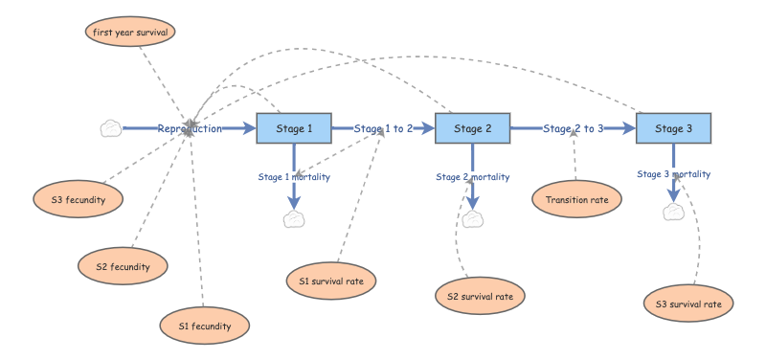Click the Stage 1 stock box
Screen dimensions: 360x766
[294, 128]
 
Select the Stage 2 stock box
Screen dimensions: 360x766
[472, 128]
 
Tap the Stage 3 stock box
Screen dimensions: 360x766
[673, 128]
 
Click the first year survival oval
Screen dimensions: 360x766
[129, 32]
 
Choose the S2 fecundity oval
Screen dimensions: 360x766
[124, 265]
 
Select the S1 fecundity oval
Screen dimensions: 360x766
[205, 326]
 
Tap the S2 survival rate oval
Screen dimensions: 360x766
[480, 296]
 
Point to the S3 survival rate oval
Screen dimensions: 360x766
[688, 304]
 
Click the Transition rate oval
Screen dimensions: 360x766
[576, 199]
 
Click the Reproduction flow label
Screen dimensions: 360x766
[190, 128]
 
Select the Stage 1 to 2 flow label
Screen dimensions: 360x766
[383, 128]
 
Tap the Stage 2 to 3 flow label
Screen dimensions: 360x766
[573, 128]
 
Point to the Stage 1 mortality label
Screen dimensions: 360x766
[294, 177]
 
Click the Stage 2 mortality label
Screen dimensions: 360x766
[472, 177]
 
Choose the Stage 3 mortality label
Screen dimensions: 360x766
[673, 174]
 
